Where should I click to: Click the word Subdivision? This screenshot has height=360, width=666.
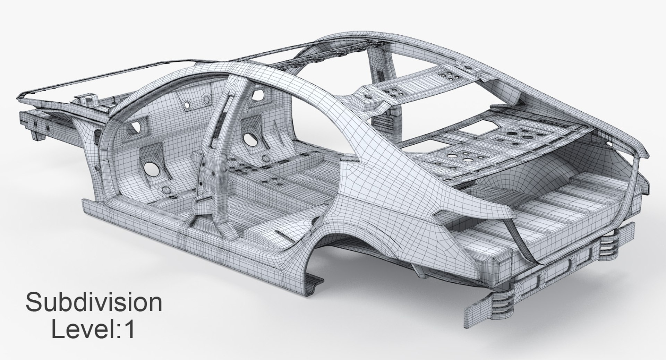pyautogui.click(x=94, y=303)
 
